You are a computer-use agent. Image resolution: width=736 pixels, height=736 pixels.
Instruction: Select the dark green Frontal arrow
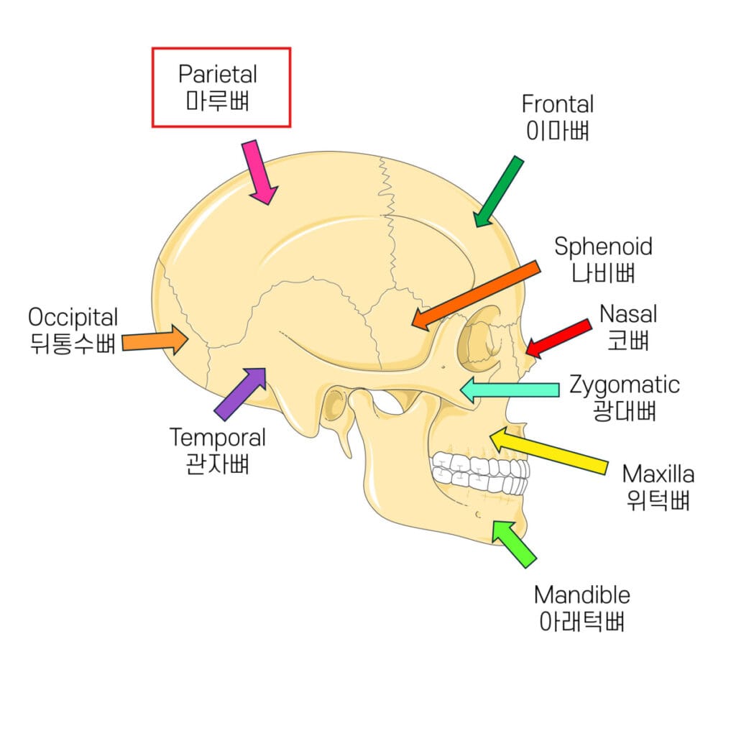(x=499, y=191)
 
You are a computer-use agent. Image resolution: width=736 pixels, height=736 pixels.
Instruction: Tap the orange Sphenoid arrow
(x=477, y=295)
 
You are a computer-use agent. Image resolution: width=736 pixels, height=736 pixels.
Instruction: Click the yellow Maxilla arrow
(x=550, y=451)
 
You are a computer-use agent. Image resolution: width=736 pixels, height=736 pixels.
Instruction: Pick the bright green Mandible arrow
(x=514, y=543)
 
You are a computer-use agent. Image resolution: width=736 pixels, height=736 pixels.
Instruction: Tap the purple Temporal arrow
(x=241, y=393)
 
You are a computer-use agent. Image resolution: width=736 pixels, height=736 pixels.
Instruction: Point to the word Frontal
(x=558, y=104)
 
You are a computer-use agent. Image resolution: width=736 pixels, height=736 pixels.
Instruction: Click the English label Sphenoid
(x=603, y=247)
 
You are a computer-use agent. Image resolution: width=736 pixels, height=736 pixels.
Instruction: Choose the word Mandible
(x=581, y=595)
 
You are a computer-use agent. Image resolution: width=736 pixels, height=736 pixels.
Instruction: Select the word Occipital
(x=73, y=317)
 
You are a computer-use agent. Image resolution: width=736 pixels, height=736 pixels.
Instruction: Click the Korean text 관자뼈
(x=217, y=464)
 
